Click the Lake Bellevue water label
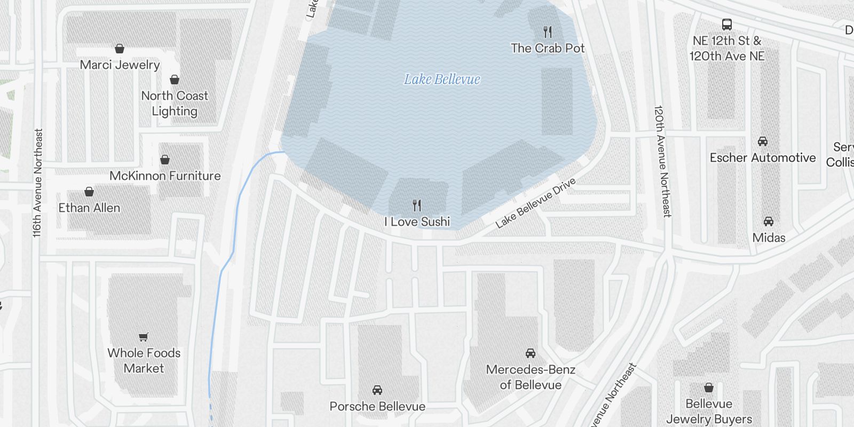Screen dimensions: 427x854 pos(442,80)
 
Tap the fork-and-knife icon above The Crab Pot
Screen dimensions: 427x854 pos(547,31)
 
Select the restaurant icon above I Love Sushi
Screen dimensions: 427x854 pos(417,205)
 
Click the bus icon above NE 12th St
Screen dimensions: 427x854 pos(726,24)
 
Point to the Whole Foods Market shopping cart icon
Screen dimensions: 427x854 pos(143,337)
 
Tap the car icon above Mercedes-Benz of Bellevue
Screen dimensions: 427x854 pos(530,353)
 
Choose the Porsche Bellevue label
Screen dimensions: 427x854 pos(377,406)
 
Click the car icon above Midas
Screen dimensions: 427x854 pos(768,222)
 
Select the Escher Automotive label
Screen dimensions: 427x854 pos(762,157)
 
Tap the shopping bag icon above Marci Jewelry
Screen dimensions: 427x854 pos(120,49)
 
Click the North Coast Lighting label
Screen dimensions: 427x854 pos(175,104)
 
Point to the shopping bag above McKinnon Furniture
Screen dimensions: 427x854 pos(165,160)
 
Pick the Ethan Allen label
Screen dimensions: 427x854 pos(89,208)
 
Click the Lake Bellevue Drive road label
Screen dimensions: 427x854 pos(535,203)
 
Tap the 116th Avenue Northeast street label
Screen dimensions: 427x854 pos(37,183)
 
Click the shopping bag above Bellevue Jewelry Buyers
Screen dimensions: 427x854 pos(708,388)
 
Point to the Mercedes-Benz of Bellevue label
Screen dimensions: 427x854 pos(531,377)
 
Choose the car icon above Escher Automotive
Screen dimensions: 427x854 pos(762,141)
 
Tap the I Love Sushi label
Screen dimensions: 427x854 pos(417,222)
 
